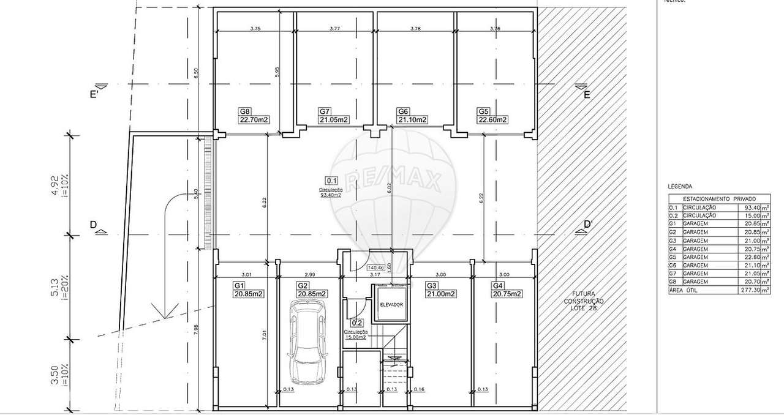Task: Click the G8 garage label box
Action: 245,111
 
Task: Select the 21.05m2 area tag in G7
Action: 334,120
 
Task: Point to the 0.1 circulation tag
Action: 331,181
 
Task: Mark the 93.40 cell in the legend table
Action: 749,207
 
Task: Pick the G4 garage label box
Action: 497,286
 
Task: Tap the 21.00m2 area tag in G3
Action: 441,294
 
